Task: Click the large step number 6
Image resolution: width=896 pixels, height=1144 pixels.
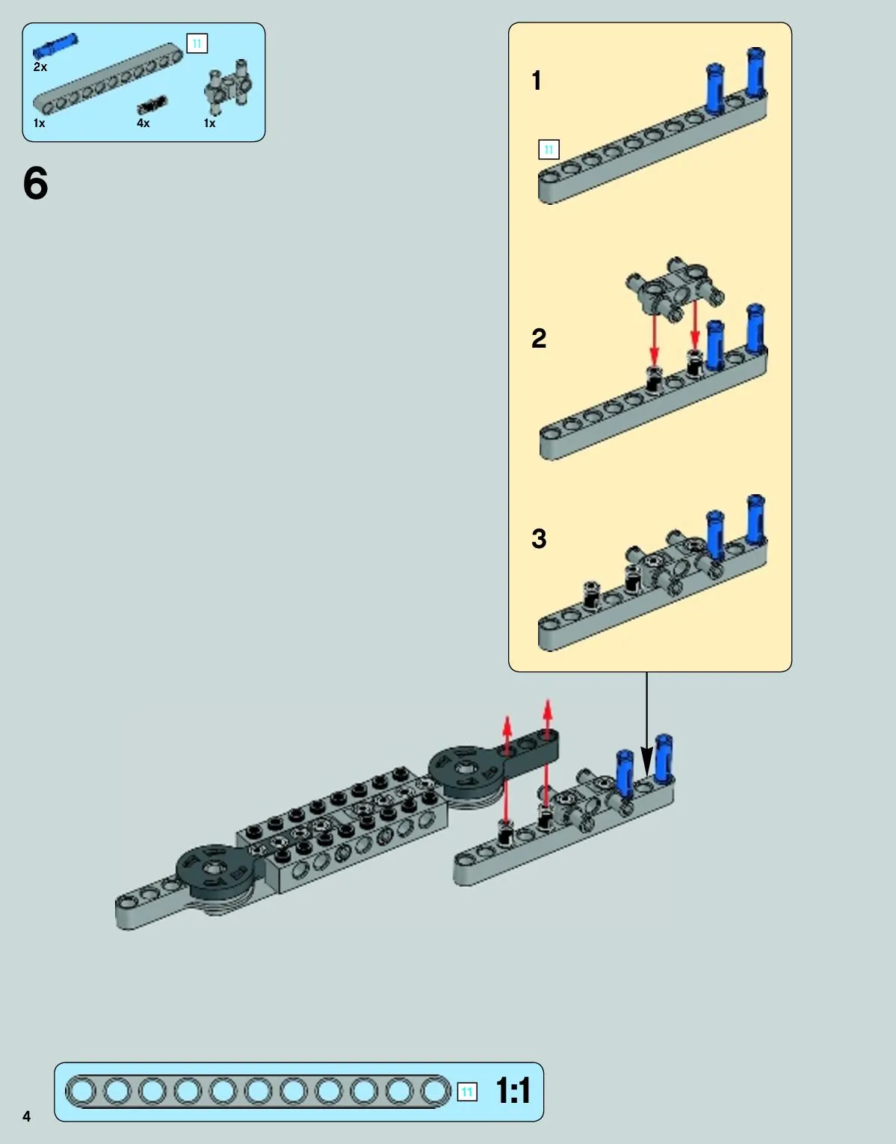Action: click(x=36, y=182)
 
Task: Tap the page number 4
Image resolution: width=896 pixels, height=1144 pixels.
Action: click(x=26, y=1116)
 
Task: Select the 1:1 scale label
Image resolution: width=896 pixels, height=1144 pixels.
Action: click(x=513, y=1090)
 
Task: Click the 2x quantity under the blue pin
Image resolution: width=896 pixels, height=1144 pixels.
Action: click(x=40, y=67)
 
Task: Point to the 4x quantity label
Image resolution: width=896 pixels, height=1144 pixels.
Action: click(x=143, y=123)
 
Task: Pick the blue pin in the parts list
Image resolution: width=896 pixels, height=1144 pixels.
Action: click(x=55, y=46)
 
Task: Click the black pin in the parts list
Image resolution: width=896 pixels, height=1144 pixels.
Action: click(x=152, y=105)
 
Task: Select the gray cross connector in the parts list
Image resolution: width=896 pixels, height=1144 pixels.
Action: click(x=228, y=87)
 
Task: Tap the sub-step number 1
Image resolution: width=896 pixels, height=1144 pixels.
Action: click(x=536, y=81)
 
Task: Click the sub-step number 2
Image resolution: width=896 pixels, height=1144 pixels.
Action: click(x=539, y=338)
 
